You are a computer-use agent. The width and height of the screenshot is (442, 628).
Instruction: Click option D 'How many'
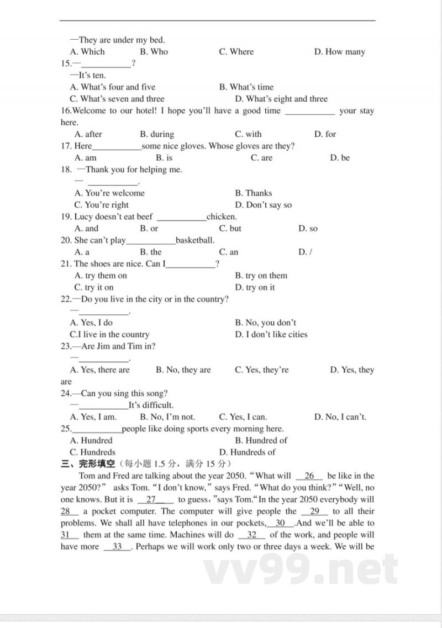click(x=340, y=52)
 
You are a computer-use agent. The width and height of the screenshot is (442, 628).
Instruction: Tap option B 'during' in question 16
click(x=157, y=134)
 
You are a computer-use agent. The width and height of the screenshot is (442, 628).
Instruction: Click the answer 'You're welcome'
click(x=109, y=193)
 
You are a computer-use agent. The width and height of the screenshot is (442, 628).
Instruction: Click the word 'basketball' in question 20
click(x=194, y=240)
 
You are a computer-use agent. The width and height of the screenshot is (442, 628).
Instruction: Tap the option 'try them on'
click(x=100, y=276)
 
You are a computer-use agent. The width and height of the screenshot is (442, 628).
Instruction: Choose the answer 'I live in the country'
click(x=109, y=335)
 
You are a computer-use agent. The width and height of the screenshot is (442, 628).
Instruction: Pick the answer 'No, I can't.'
click(x=340, y=418)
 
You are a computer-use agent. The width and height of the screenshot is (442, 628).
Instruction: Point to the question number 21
click(x=66, y=264)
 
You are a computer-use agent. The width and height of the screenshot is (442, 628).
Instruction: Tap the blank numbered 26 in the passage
click(x=309, y=476)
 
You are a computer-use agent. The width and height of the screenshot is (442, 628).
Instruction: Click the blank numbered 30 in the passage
click(x=280, y=523)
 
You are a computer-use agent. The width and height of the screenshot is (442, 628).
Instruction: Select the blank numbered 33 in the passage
click(x=117, y=547)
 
